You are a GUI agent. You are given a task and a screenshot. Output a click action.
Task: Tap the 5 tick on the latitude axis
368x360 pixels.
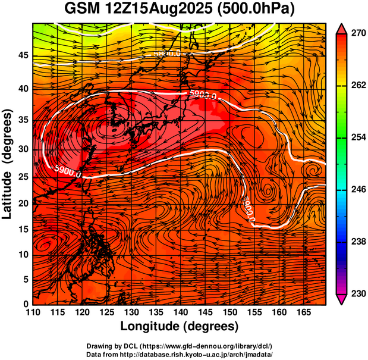pyautogui.click(x=26, y=279)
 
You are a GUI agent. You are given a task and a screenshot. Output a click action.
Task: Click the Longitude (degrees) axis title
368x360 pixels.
pyautogui.click(x=180, y=326)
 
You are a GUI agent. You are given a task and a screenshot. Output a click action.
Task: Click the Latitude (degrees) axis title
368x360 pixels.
pyautogui.click(x=8, y=163)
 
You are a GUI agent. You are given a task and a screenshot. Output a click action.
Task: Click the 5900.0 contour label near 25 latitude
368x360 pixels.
pyautogui.click(x=67, y=170)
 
